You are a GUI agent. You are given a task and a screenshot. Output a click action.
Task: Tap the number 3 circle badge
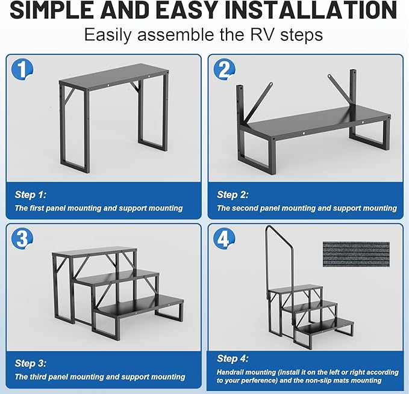tap(22, 239)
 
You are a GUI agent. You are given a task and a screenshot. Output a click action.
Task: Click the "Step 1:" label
tap(30, 195)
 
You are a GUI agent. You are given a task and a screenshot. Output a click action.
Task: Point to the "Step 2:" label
tap(233, 195)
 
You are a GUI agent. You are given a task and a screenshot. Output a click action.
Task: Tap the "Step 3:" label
tap(30, 363)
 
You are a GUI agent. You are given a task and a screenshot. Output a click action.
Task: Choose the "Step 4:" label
tap(233, 359)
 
